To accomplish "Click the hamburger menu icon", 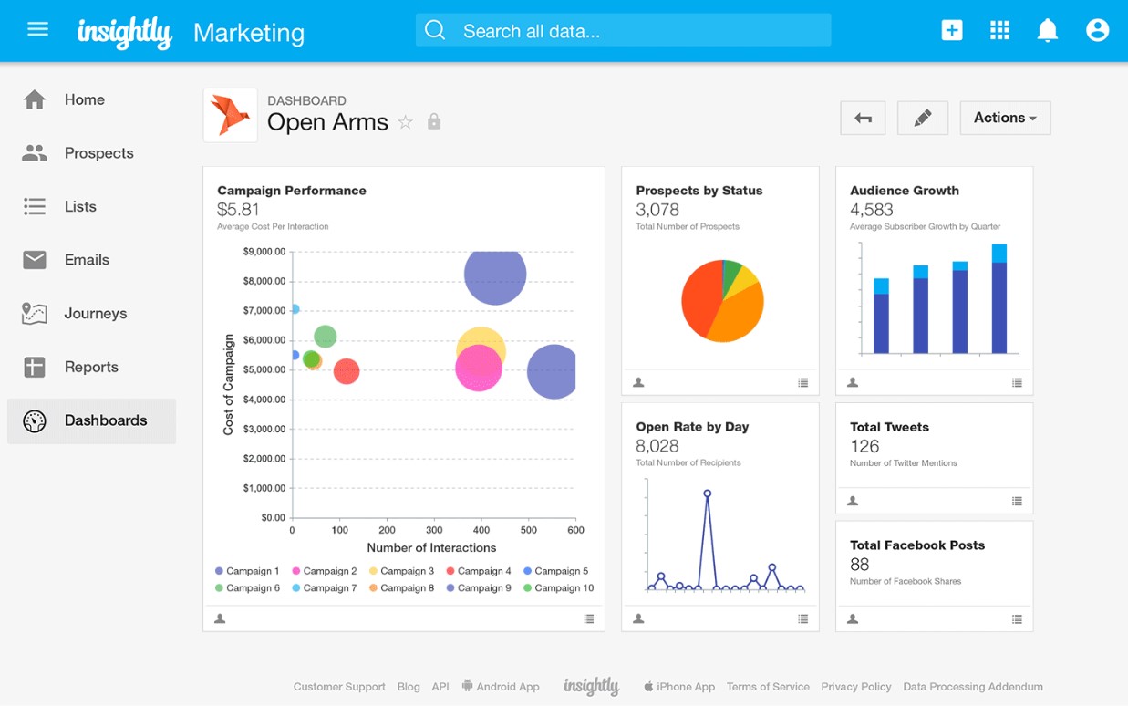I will [37, 29].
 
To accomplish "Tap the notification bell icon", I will [1048, 30].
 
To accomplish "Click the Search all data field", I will [623, 30].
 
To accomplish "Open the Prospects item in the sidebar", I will [98, 153].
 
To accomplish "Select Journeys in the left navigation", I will [95, 313].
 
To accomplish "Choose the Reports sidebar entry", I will [91, 367].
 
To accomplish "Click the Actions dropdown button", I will [1005, 118].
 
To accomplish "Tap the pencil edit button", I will [922, 118].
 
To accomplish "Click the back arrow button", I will [863, 118].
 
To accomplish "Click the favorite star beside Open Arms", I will [406, 122].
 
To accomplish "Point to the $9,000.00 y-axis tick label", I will [264, 252].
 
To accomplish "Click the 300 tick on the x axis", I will [434, 530].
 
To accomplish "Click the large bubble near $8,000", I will [495, 274].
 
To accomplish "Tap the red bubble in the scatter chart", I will [346, 371].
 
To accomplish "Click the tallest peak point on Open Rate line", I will [707, 493].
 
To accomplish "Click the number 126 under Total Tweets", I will [864, 446].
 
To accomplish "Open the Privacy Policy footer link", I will [855, 687].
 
